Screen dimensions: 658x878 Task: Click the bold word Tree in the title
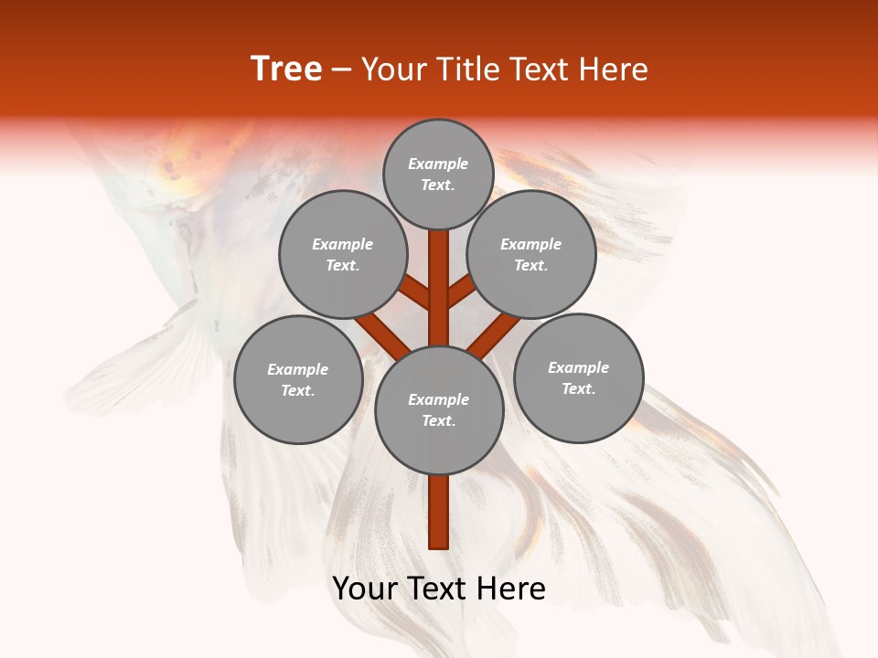pyautogui.click(x=286, y=69)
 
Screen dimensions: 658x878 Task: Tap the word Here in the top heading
pyautogui.click(x=613, y=69)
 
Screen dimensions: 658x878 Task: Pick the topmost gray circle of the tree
pyautogui.click(x=438, y=174)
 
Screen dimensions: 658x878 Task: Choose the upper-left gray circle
pyautogui.click(x=342, y=254)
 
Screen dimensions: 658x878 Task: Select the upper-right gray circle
pyautogui.click(x=531, y=254)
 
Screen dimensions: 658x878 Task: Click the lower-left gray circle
pyautogui.click(x=298, y=379)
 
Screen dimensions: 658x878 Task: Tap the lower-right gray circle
pyautogui.click(x=578, y=377)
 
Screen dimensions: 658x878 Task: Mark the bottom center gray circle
pyautogui.click(x=439, y=410)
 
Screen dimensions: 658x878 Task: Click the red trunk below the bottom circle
pyautogui.click(x=439, y=512)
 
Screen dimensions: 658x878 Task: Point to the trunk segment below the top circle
pyautogui.click(x=439, y=274)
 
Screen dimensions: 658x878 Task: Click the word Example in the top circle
pyautogui.click(x=438, y=164)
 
